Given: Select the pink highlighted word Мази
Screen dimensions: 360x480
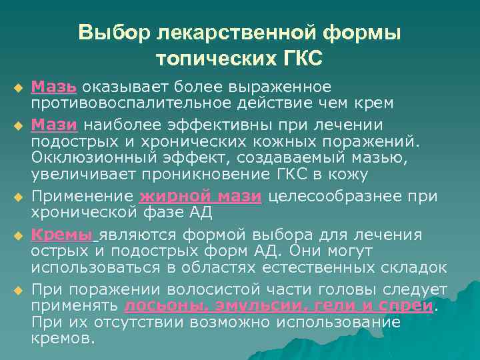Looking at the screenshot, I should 56,125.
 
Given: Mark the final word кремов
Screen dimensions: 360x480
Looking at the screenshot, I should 63,337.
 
